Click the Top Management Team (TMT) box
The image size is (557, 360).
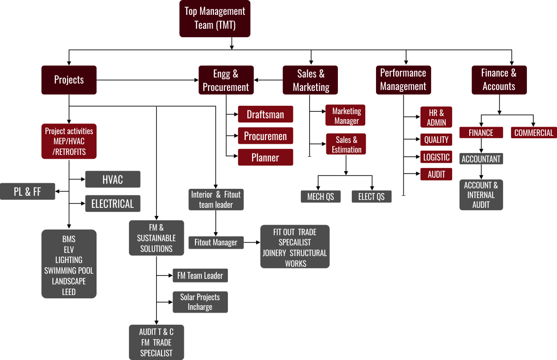click(x=215, y=19)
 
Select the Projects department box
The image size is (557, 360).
click(x=69, y=80)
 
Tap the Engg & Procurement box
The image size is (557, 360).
click(x=226, y=80)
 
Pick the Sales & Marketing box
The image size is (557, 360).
click(x=311, y=80)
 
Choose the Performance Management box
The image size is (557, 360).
click(x=403, y=80)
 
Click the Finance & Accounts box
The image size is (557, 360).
click(x=499, y=80)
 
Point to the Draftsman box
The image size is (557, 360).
click(x=266, y=115)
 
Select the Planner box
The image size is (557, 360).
click(x=266, y=157)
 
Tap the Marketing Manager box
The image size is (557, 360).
click(x=346, y=116)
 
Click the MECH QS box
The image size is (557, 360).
click(x=320, y=197)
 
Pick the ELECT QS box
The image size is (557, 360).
click(x=371, y=197)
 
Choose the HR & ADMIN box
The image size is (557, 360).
click(x=436, y=117)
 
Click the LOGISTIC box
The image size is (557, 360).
click(x=436, y=157)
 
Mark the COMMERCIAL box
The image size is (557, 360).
click(x=534, y=133)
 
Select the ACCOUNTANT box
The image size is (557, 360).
click(x=481, y=159)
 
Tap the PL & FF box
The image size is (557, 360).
click(x=27, y=192)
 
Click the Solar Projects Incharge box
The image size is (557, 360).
click(x=200, y=302)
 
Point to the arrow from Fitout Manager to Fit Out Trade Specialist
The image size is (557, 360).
click(x=252, y=242)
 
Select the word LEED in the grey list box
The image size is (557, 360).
click(x=69, y=292)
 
